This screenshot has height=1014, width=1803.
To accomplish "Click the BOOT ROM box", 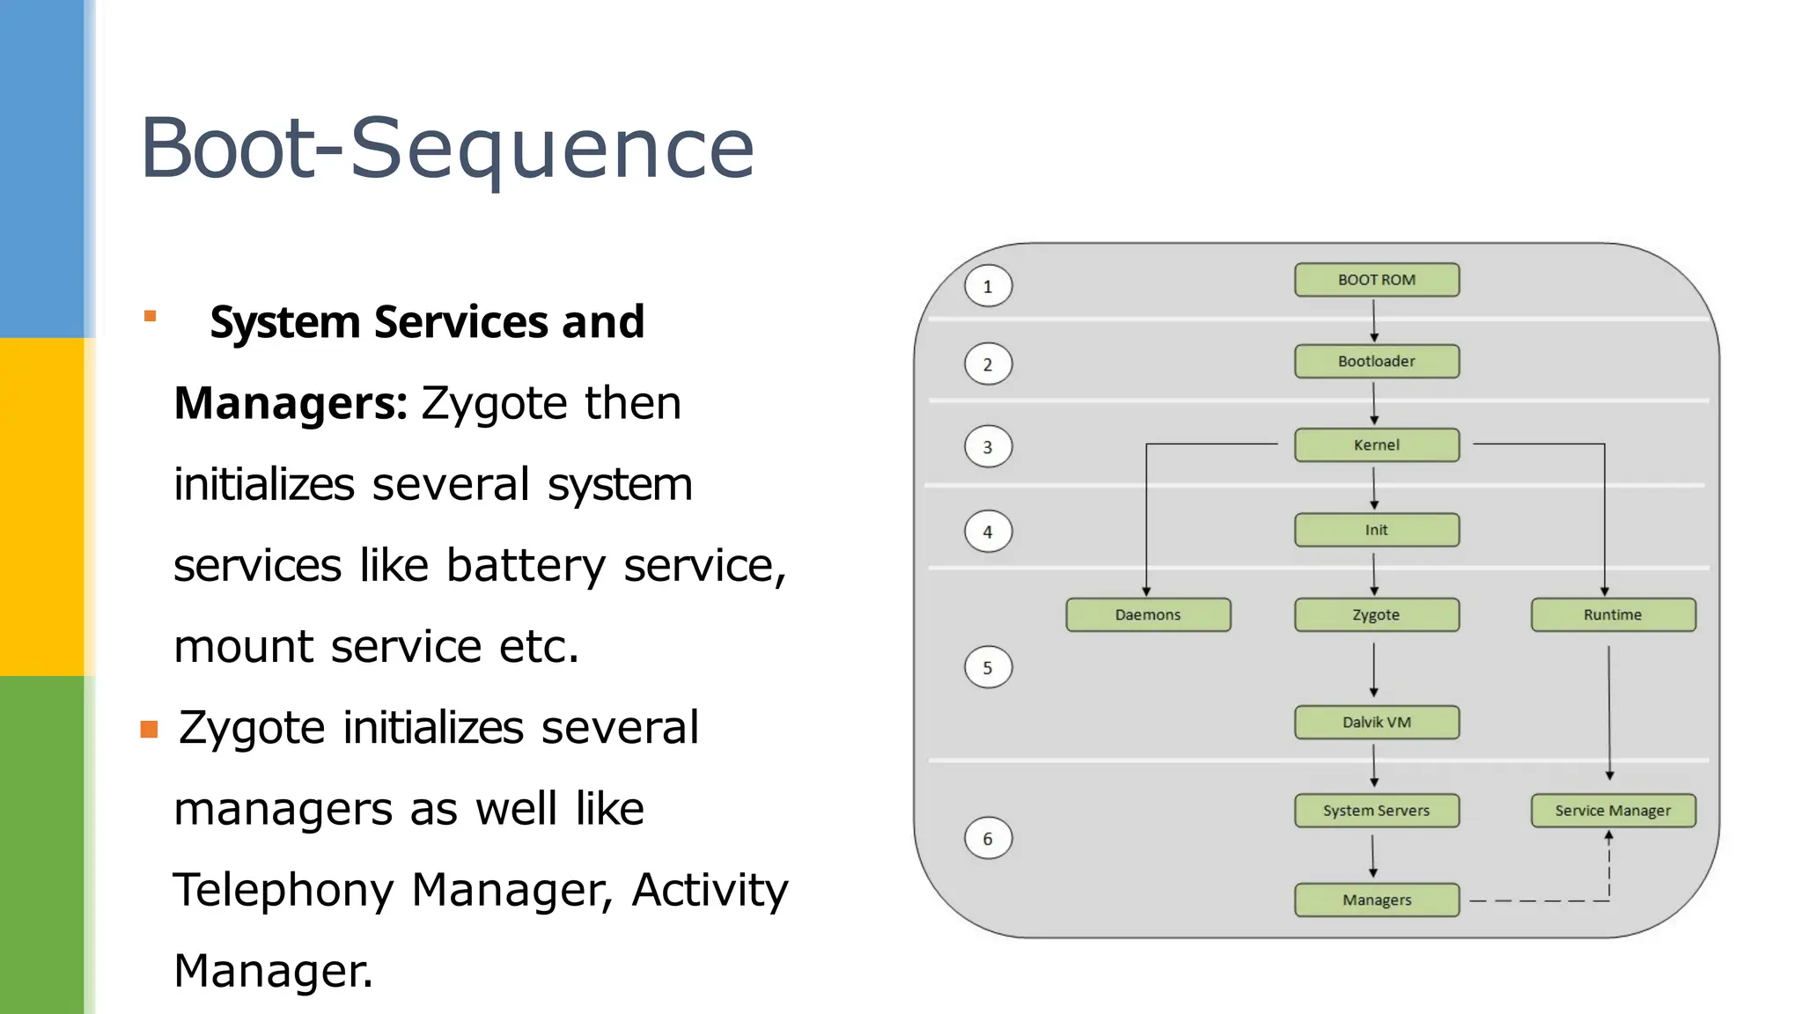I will (x=1376, y=280).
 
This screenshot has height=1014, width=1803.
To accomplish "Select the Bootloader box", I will (x=1376, y=361).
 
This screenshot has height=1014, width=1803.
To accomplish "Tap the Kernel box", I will (x=1376, y=445).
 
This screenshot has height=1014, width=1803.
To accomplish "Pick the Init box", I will (x=1376, y=530).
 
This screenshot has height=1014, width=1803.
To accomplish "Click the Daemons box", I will (x=1148, y=614).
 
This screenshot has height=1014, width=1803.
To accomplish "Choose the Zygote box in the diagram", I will (x=1376, y=614).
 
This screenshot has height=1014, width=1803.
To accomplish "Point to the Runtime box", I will (x=1613, y=614).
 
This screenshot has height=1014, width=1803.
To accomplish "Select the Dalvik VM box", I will (x=1376, y=722).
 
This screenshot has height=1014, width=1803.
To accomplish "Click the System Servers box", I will (x=1376, y=811).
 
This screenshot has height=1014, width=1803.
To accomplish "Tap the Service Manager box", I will (x=1613, y=811).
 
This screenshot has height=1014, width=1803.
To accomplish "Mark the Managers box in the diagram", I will (x=1376, y=900).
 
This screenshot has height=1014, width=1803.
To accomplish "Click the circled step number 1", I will (x=988, y=286).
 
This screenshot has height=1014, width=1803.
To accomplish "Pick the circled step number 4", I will (x=988, y=532).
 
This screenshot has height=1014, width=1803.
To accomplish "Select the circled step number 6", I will (x=988, y=839).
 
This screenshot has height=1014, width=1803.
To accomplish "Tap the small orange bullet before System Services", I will (x=150, y=316).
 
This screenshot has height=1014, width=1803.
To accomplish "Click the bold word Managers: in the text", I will (x=291, y=403).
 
